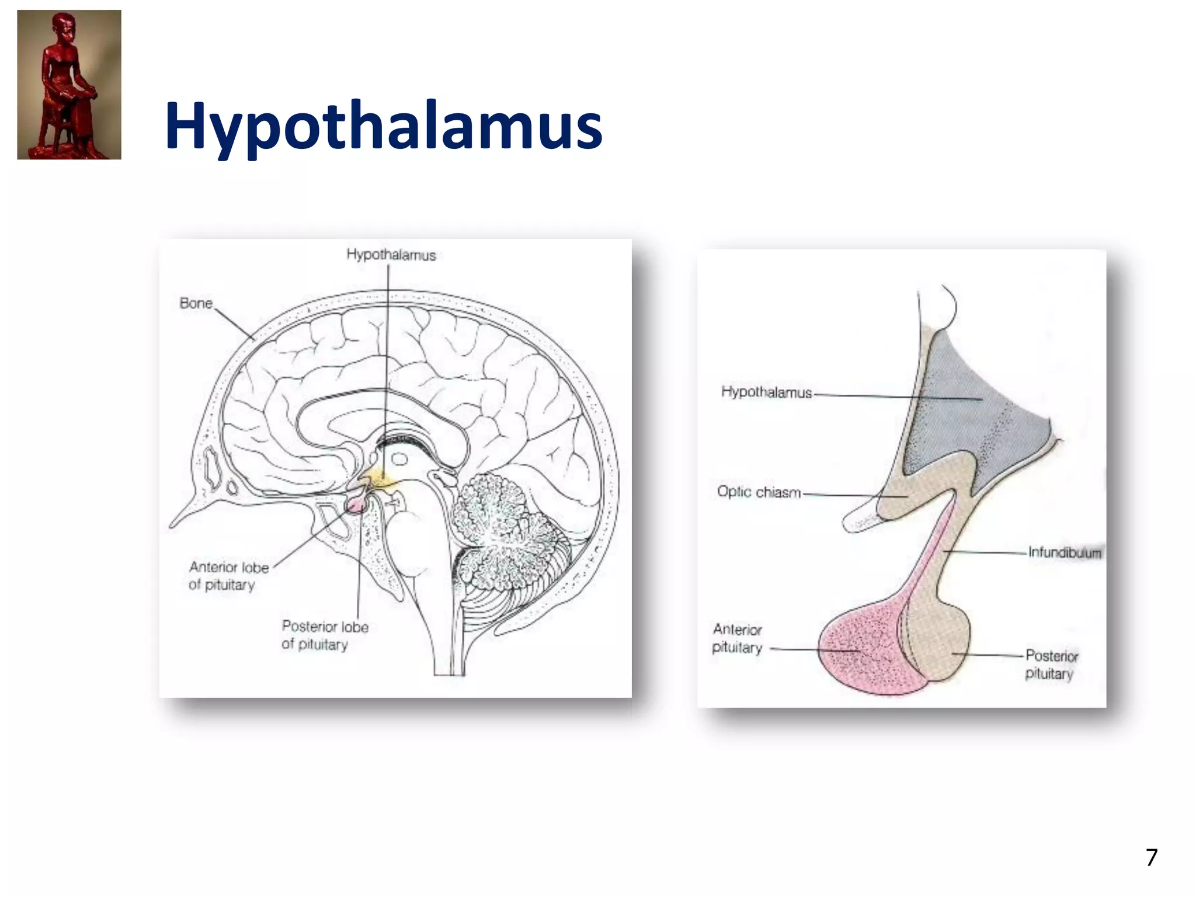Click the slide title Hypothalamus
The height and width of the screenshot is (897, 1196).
383,126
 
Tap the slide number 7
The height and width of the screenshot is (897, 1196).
1151,857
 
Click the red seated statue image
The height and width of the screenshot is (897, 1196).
69,85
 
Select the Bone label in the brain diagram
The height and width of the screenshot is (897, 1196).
196,303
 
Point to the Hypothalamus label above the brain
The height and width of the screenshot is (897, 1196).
391,255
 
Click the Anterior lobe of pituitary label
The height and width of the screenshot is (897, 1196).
228,576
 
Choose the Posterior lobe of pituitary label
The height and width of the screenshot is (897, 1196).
325,635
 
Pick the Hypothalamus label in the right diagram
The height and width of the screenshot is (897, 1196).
766,392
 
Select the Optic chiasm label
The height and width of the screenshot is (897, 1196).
759,492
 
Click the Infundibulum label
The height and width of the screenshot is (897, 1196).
1064,552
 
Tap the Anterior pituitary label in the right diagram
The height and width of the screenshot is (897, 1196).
737,638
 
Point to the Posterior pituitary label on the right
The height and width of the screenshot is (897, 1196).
1051,665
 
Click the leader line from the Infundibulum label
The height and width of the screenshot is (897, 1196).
987,552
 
